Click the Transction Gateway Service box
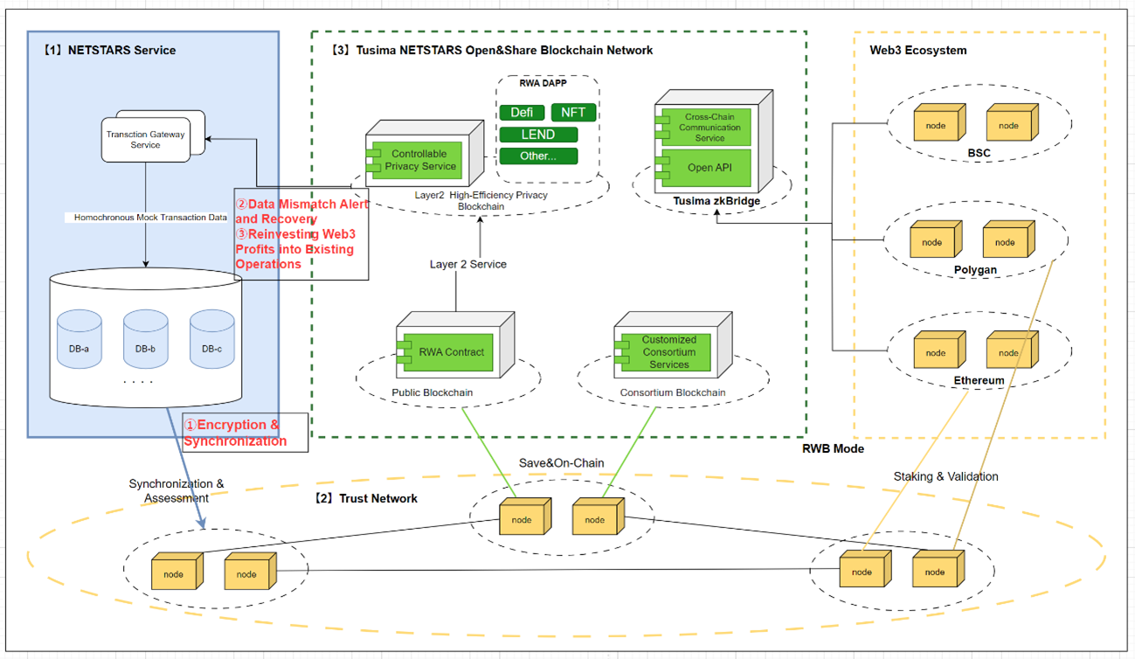coord(145,140)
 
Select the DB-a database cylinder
coord(80,339)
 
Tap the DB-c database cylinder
coord(211,339)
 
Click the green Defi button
coord(523,112)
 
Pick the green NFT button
coord(573,112)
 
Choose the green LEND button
coord(538,135)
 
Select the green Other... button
coord(538,156)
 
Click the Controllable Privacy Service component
coord(424,160)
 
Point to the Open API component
coord(709,168)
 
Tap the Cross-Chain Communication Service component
coord(709,128)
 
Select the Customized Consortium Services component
coord(668,351)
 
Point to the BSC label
coord(978,153)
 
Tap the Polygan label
coord(975,270)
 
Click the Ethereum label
coord(979,381)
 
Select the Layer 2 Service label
coord(467,264)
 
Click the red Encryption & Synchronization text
coord(233,433)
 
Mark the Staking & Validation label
coord(945,476)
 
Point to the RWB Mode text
coord(833,448)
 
